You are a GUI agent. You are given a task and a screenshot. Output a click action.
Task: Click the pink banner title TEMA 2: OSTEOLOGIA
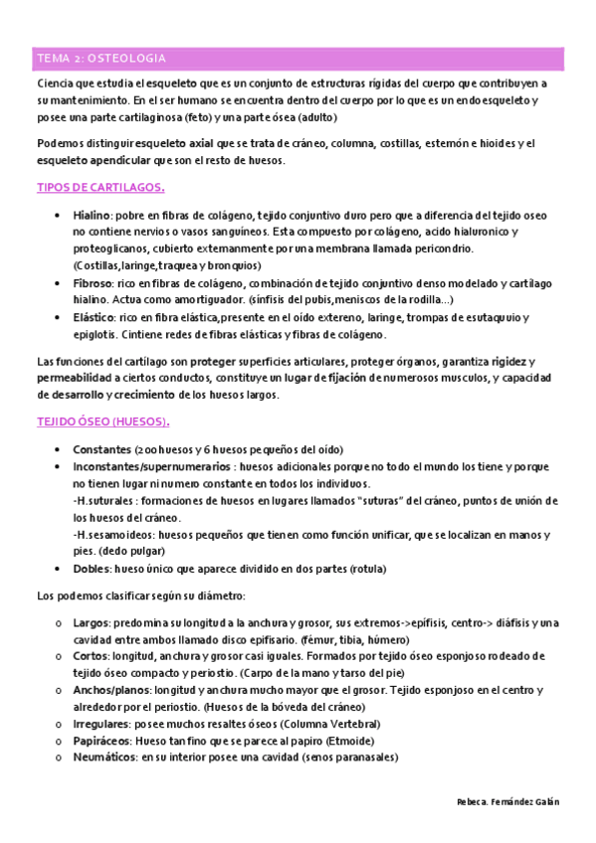(100, 58)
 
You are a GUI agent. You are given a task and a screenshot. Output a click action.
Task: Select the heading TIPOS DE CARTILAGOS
(100, 187)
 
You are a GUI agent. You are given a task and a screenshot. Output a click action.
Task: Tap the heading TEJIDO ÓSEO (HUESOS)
(102, 421)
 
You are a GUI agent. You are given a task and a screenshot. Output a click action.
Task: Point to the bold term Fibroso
(94, 282)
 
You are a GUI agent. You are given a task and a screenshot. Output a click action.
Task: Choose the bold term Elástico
(95, 317)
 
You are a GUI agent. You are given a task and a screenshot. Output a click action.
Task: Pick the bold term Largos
(92, 622)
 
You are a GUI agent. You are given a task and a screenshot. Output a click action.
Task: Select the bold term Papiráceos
(103, 741)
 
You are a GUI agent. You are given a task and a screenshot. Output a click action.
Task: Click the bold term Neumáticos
(104, 758)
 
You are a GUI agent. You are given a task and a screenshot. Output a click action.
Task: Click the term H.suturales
(102, 500)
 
